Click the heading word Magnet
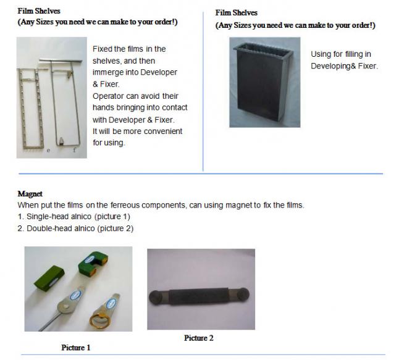click(30, 193)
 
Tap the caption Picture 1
click(75, 348)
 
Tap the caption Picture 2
click(198, 338)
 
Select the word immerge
click(109, 73)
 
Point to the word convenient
click(162, 132)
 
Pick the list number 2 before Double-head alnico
click(20, 228)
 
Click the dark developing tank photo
click(264, 82)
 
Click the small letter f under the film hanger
click(75, 150)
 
